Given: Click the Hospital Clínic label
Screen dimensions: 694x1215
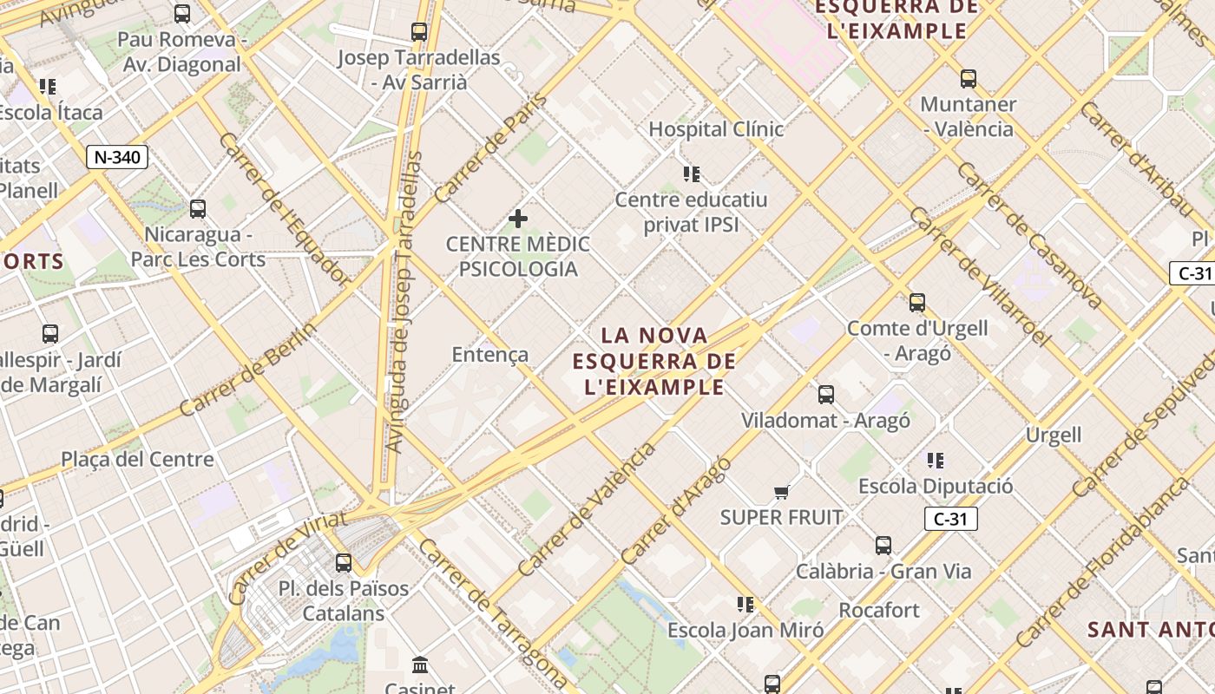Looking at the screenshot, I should click(x=716, y=129).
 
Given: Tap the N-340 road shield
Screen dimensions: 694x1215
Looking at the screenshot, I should click(x=117, y=157).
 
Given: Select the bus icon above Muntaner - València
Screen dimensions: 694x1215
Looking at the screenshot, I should click(x=968, y=79).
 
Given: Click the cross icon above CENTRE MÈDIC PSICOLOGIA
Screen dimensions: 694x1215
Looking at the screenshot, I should click(x=518, y=218).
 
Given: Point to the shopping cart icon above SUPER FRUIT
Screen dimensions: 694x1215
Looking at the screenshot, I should click(x=781, y=492).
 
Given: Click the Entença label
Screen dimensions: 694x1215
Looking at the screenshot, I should click(x=489, y=354).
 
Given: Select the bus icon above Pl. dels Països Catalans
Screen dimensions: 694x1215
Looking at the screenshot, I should click(x=344, y=562).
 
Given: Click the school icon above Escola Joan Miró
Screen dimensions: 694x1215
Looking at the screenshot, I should click(x=745, y=604).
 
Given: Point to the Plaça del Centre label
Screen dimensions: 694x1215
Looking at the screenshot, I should click(x=137, y=459).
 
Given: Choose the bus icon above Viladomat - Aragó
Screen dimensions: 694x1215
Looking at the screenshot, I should click(x=825, y=395).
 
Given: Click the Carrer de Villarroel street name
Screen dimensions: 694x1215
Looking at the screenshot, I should click(x=979, y=277).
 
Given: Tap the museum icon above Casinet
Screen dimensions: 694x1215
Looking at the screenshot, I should click(x=420, y=665).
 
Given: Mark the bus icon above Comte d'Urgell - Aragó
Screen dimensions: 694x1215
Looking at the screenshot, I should click(x=916, y=303).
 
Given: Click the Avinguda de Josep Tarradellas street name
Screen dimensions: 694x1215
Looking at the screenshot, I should click(x=404, y=303).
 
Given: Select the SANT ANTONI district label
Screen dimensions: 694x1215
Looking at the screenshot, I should click(x=1150, y=630).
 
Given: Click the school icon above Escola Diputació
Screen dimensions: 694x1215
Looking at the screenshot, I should click(x=935, y=460).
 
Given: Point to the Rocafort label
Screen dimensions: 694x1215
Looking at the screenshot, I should click(x=879, y=610).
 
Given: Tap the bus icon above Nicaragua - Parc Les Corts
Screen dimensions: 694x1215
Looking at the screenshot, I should click(x=198, y=208).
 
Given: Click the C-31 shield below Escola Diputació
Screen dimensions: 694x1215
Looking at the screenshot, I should click(x=951, y=519).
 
